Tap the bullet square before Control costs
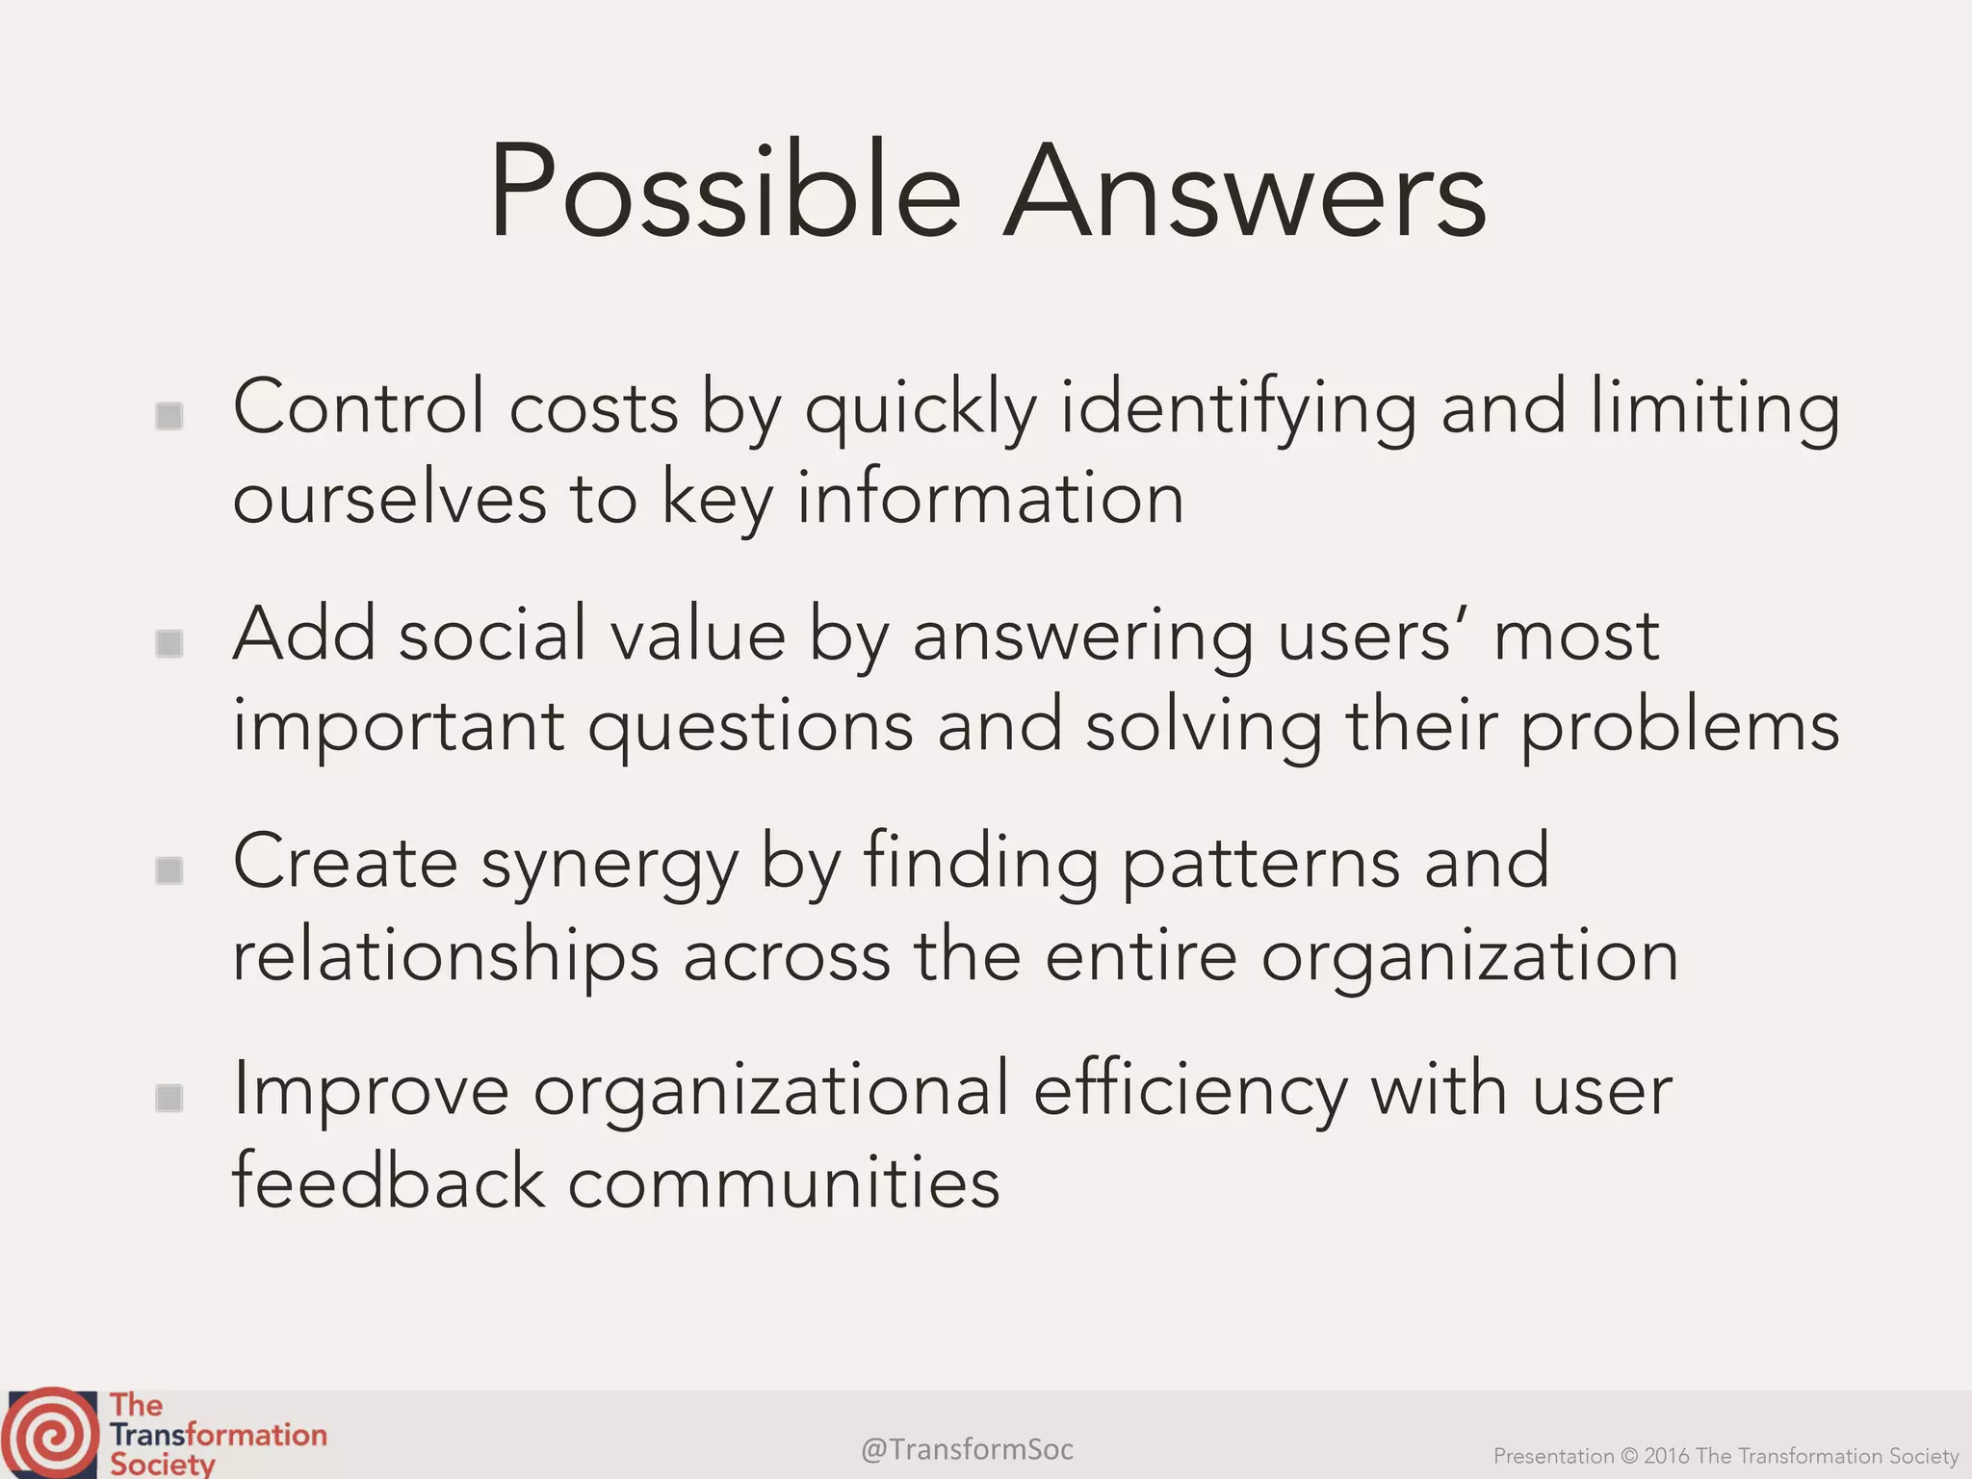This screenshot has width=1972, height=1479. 169,416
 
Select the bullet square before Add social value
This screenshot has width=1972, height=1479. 169,643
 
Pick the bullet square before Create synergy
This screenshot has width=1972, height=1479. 169,870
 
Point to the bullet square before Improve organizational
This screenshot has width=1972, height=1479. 169,1098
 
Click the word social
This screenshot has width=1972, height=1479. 492,636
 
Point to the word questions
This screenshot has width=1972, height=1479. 751,728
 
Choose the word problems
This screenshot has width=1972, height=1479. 1680,728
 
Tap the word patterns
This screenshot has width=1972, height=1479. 1260,863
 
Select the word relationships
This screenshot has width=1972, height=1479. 446,957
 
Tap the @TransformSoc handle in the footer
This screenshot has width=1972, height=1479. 967,1448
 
